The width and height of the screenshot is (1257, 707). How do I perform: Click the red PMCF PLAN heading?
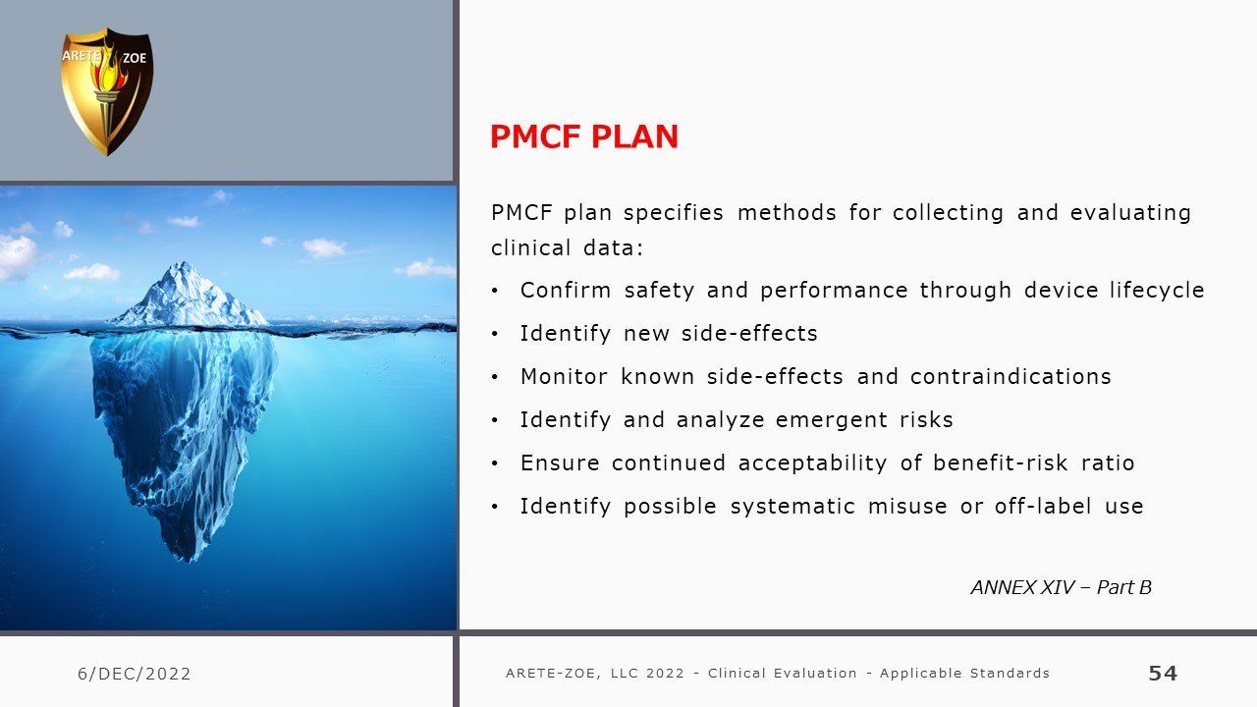(584, 136)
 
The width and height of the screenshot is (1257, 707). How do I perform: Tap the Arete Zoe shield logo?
(107, 91)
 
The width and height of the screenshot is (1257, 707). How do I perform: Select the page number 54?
(1163, 673)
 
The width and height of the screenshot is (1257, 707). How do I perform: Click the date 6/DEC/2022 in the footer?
(135, 674)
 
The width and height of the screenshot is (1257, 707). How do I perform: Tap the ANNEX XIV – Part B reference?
(1062, 587)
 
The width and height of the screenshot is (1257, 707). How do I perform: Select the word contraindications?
(1011, 376)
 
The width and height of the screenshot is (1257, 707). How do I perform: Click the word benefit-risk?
(1001, 462)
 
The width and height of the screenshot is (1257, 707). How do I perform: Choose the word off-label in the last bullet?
(1043, 506)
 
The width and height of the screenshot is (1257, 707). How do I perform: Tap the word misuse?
(907, 507)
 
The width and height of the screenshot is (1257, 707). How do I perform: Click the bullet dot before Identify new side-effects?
(494, 335)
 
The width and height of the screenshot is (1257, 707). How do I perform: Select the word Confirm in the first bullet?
(566, 291)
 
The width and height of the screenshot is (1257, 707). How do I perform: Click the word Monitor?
(564, 376)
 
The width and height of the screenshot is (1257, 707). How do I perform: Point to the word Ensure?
(560, 463)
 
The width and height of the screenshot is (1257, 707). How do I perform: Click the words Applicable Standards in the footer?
(964, 674)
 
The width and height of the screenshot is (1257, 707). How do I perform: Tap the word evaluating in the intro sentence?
(1130, 213)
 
